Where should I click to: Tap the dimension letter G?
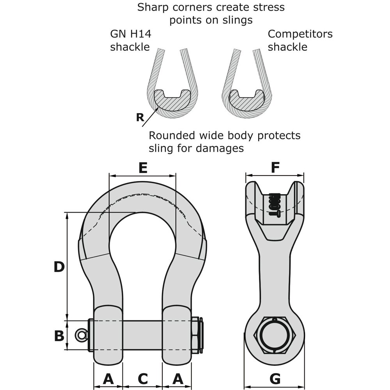[275, 378]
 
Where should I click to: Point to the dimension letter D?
[59, 267]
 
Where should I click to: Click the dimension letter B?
[59, 335]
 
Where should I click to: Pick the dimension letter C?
[143, 378]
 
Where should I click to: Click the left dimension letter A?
[108, 378]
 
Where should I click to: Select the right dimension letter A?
[177, 378]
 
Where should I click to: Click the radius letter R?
[140, 117]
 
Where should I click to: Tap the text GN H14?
[130, 34]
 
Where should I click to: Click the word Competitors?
[300, 34]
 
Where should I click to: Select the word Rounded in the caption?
[174, 135]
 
